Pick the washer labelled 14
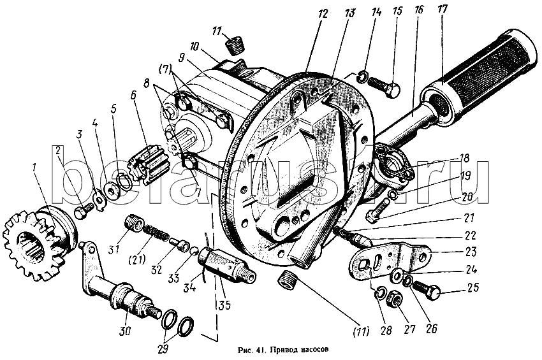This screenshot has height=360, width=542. pyautogui.click(x=363, y=78)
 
